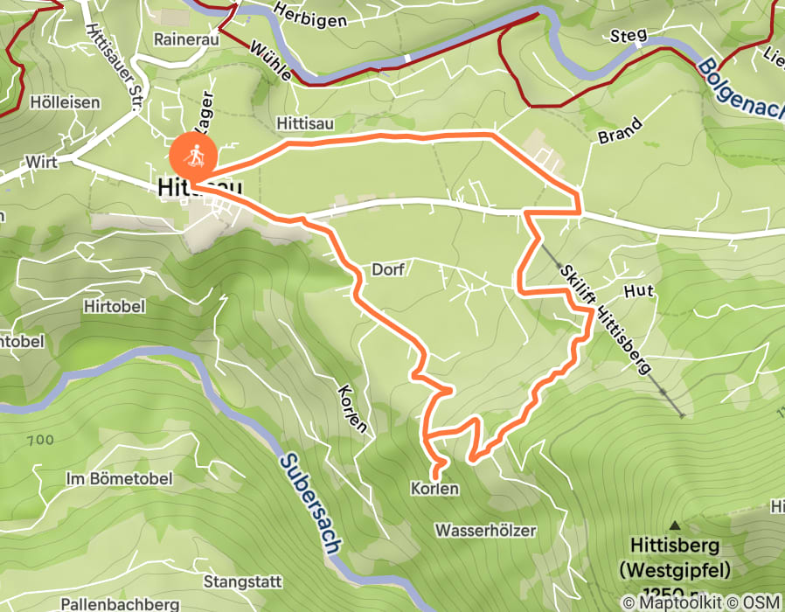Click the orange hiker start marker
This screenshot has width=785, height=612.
[192, 157]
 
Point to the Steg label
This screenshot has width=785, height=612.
[629, 35]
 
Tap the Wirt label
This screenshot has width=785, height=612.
[42, 162]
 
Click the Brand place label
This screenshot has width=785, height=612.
[621, 130]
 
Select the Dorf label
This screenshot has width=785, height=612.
[387, 269]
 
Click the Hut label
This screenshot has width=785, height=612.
[639, 289]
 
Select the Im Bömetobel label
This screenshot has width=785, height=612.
[119, 478]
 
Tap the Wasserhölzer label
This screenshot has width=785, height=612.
[485, 531]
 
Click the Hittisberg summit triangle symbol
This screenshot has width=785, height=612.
[676, 525]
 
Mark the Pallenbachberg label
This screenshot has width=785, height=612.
[121, 603]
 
